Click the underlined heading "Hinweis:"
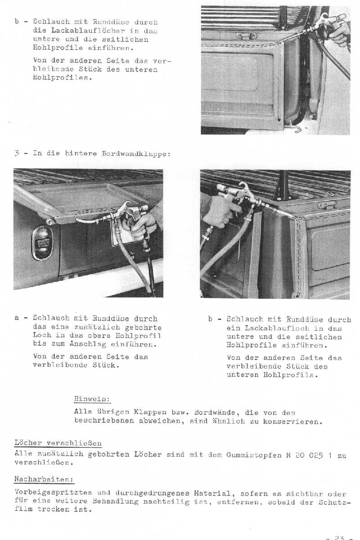click(x=92, y=399)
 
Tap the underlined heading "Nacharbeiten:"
click(x=44, y=479)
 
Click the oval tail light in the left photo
click(x=42, y=243)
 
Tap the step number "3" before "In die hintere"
click(x=16, y=153)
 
